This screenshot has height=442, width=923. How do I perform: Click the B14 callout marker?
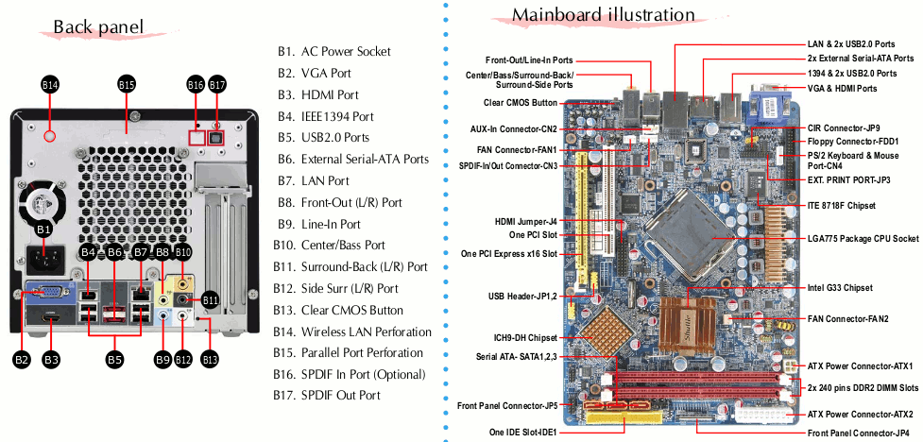click(x=50, y=85)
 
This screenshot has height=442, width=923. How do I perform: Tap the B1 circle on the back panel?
click(x=44, y=229)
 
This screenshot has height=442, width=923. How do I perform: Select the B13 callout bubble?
click(x=210, y=358)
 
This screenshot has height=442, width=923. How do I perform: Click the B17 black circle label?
click(x=218, y=85)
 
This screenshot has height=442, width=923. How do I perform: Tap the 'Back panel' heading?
click(x=98, y=26)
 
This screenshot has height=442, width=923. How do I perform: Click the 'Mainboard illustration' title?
click(x=604, y=14)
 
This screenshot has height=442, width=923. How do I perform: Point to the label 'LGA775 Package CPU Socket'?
click(x=863, y=238)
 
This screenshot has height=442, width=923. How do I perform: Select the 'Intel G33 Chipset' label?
click(x=841, y=288)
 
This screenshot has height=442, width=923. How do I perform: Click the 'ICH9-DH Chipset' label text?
click(x=525, y=338)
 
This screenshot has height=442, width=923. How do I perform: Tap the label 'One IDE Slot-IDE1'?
click(x=523, y=432)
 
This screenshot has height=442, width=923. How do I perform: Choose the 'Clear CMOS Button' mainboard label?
click(x=520, y=103)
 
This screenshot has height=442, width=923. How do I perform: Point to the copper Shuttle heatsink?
click(x=687, y=326)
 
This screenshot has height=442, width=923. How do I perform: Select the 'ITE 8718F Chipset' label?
click(x=842, y=205)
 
